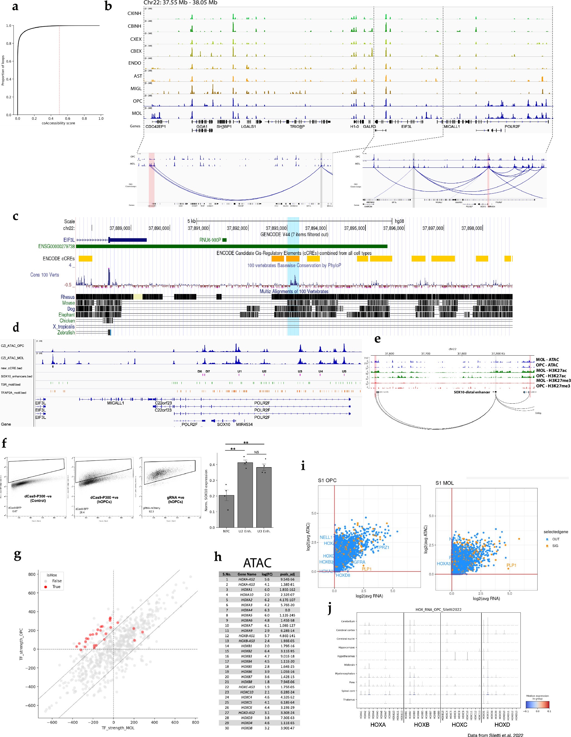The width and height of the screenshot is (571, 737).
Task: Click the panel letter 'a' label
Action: [x=15, y=7]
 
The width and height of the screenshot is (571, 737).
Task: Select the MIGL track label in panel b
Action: [x=136, y=88]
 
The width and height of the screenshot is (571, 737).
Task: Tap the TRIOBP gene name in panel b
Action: [x=297, y=126]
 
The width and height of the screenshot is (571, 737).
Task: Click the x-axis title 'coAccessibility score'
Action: [x=58, y=123]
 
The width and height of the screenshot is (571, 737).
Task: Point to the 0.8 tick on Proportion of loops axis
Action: [x=8, y=43]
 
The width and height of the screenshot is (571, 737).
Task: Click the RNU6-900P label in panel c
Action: [x=210, y=240]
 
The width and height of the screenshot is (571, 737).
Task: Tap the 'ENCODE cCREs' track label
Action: [x=59, y=258]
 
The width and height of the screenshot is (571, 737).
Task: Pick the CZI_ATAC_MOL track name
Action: [x=12, y=358]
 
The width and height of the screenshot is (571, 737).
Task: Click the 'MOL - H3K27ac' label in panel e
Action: [x=551, y=371]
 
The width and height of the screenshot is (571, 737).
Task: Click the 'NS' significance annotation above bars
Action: [x=257, y=452]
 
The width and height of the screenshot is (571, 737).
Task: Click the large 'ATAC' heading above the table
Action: [x=257, y=563]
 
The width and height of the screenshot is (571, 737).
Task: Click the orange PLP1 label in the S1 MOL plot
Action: [x=511, y=565]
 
